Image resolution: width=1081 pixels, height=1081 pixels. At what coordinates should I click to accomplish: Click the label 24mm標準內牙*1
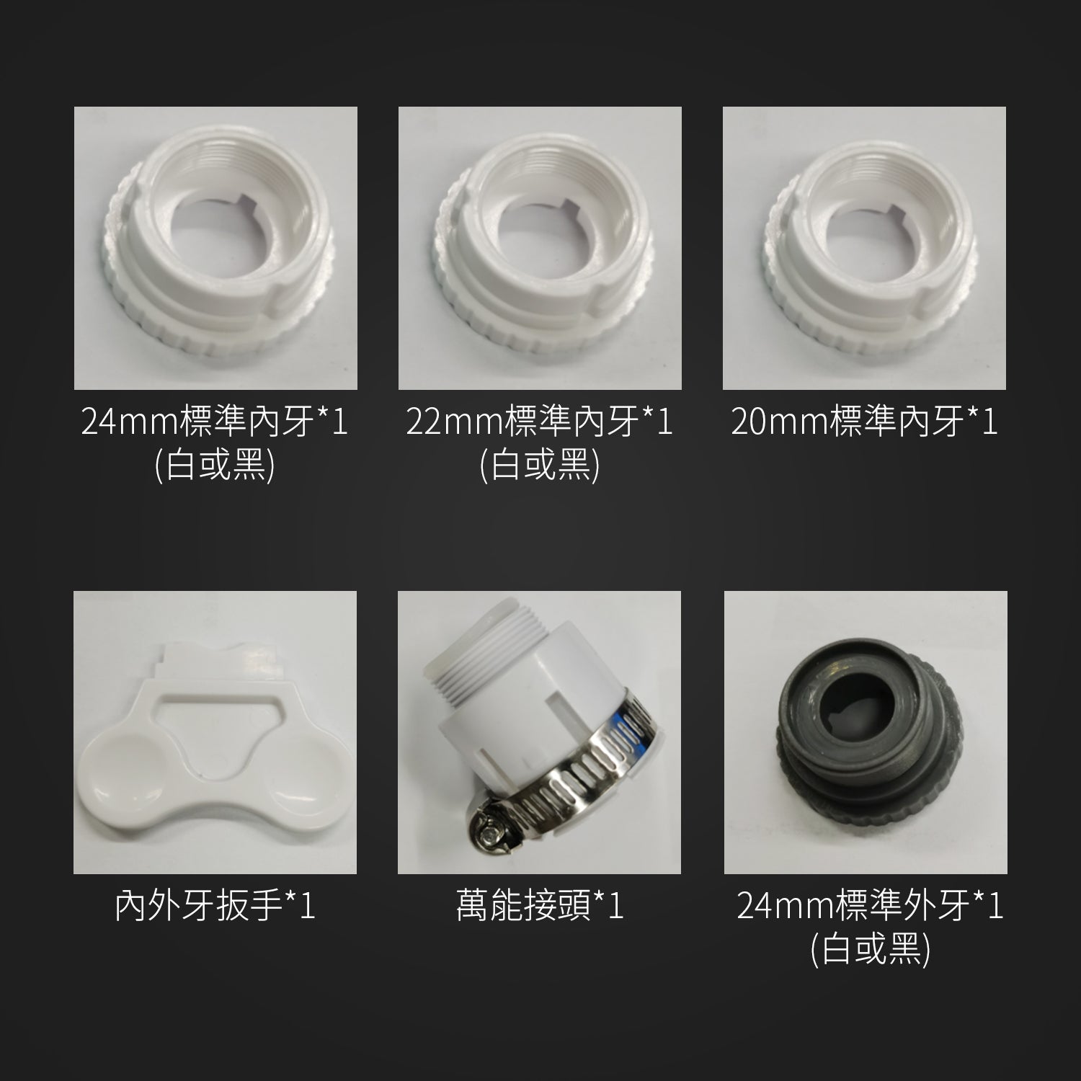point(215,421)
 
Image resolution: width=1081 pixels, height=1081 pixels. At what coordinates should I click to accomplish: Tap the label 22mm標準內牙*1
point(539,421)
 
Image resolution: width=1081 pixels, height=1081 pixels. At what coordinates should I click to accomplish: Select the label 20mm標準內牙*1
point(864,421)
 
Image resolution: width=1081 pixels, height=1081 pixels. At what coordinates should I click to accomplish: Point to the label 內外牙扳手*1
point(215,905)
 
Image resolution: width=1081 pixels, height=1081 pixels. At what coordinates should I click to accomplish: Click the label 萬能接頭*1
point(539,905)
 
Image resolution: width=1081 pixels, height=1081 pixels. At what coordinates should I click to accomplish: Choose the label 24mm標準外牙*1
point(870,905)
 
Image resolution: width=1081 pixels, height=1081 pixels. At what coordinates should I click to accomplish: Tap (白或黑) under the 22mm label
point(539,466)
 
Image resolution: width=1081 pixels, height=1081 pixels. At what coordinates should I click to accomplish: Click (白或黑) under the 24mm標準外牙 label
point(870,951)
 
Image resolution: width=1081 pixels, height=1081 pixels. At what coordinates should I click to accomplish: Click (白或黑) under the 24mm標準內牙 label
point(215,466)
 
